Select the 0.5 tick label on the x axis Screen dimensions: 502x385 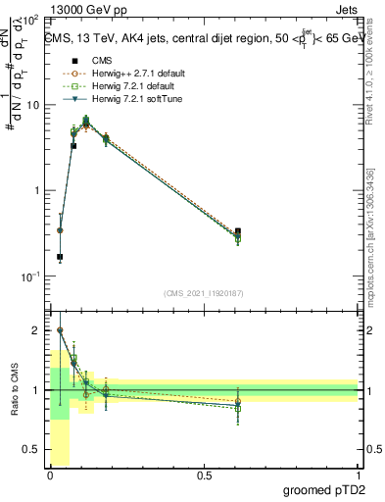(x=204, y=475)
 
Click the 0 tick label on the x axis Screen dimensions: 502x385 (x=50, y=475)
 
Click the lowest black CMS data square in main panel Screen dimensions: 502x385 (x=60, y=257)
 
